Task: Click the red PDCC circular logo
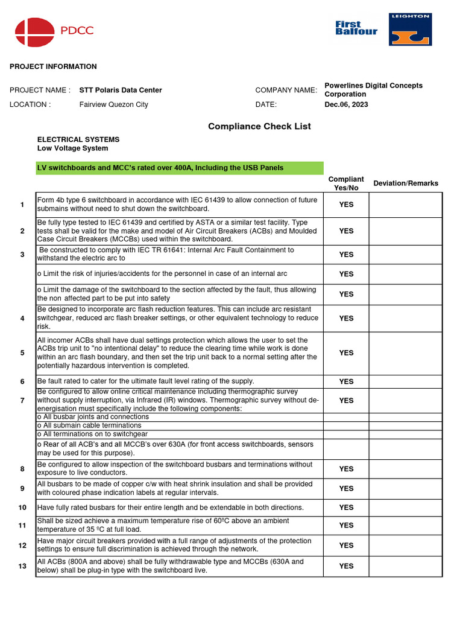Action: pyautogui.click(x=34, y=32)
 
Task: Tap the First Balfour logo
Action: pyautogui.click(x=356, y=28)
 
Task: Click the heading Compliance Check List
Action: pyautogui.click(x=259, y=126)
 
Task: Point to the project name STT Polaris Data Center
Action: pyautogui.click(x=121, y=90)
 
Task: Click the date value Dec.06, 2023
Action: pyautogui.click(x=346, y=104)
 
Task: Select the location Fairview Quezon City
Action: pyautogui.click(x=113, y=104)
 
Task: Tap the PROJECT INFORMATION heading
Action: pyautogui.click(x=53, y=66)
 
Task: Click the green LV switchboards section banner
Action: pyautogui.click(x=180, y=168)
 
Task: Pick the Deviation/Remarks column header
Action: pyautogui.click(x=406, y=183)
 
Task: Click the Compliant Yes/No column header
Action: pyautogui.click(x=346, y=183)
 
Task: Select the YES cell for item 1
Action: pyautogui.click(x=346, y=205)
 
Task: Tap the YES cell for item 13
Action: pyautogui.click(x=346, y=566)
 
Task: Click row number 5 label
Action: pyautogui.click(x=22, y=353)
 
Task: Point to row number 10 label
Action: pyautogui.click(x=22, y=508)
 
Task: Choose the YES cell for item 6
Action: pyautogui.click(x=346, y=381)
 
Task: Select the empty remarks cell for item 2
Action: pyautogui.click(x=405, y=231)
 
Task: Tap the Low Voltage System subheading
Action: pyautogui.click(x=73, y=148)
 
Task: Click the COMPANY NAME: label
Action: pyautogui.click(x=286, y=90)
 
